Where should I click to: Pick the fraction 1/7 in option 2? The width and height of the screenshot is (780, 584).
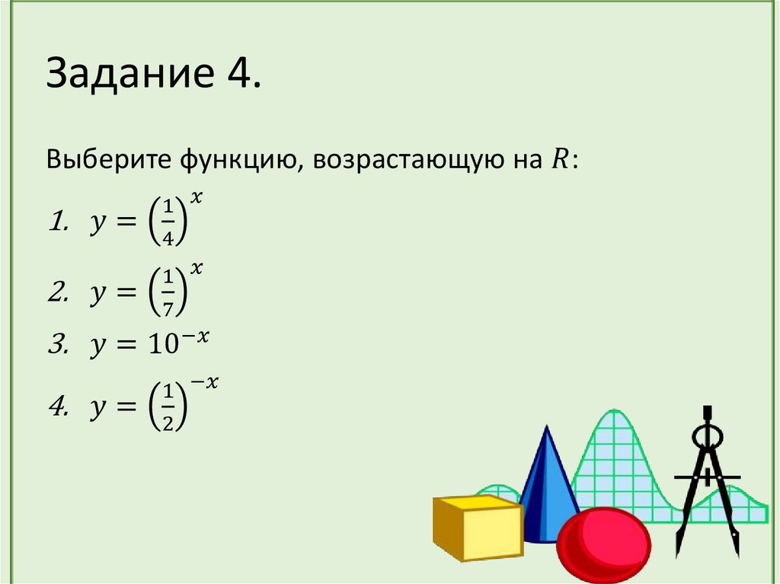(169, 289)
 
